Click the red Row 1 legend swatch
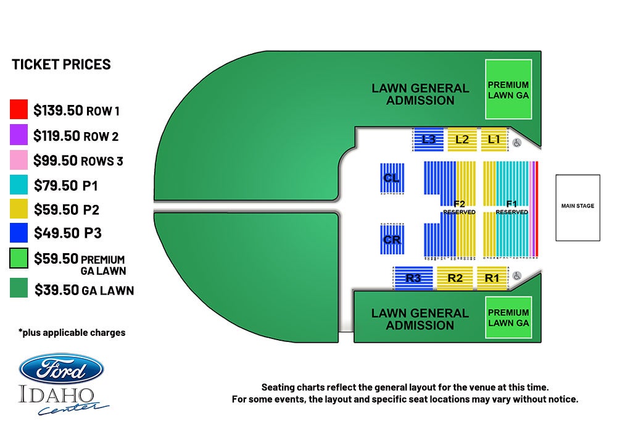click(19, 109)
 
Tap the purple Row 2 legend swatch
click(19, 135)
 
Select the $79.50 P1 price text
click(66, 185)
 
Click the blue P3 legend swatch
click(19, 233)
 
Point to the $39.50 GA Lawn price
click(84, 290)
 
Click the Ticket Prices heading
click(61, 64)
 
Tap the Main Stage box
click(578, 207)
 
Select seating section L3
click(428, 139)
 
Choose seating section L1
click(494, 139)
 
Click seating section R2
click(455, 278)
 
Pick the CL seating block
click(392, 178)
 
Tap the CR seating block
click(392, 240)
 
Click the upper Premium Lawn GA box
click(508, 90)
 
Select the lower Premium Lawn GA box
click(508, 317)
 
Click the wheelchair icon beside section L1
click(517, 143)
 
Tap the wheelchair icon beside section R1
click(517, 275)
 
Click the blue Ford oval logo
click(61, 369)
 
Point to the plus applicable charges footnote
click(72, 333)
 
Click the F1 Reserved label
click(511, 207)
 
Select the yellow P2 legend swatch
click(19, 208)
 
